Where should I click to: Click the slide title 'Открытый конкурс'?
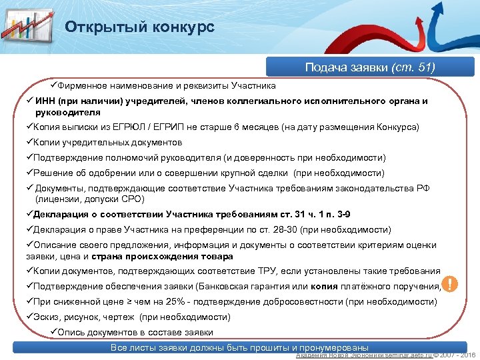coord(139,27)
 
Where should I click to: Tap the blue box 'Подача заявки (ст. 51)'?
coord(369,67)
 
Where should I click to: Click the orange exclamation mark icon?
coord(451,285)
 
